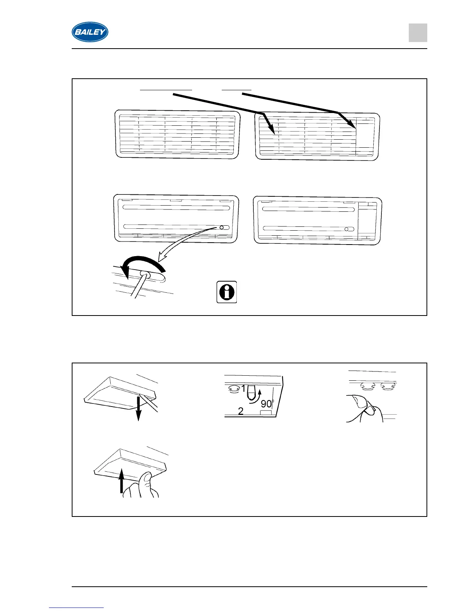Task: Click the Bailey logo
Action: coord(90,32)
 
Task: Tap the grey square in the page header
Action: coord(418,33)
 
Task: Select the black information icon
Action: coord(227,292)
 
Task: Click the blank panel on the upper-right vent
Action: coord(364,135)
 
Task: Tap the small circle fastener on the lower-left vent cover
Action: coord(221,228)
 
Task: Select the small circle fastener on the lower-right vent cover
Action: coord(347,229)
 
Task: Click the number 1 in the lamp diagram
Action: coord(243,389)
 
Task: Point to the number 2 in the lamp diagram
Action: coord(241,411)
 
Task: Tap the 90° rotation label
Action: coord(267,404)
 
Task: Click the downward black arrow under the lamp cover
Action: coord(139,409)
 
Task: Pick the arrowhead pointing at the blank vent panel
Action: coord(352,124)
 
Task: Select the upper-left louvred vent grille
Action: coord(177,134)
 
